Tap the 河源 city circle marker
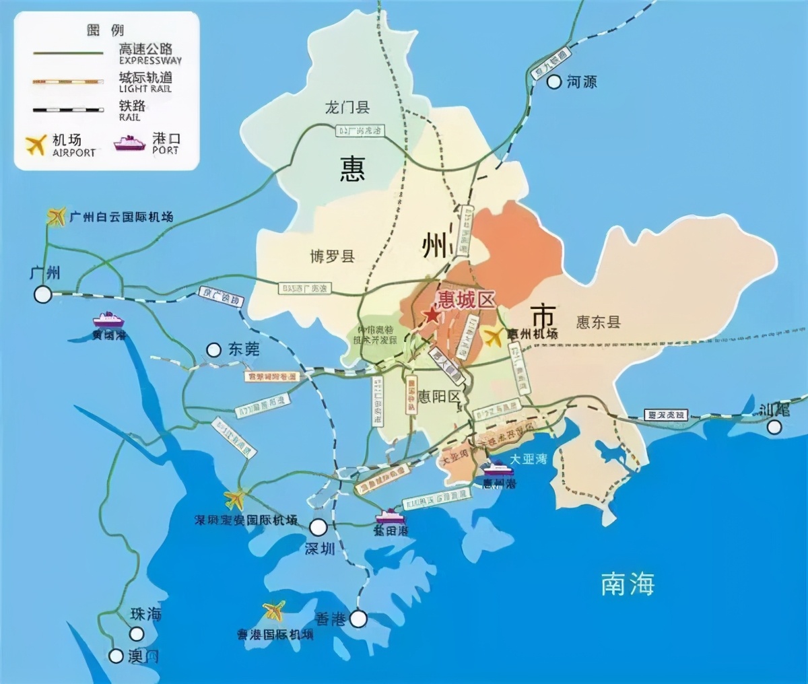click(x=554, y=82)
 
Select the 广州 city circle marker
click(x=43, y=294)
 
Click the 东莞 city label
click(x=244, y=349)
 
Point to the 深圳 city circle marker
click(x=319, y=526)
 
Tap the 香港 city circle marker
click(x=358, y=618)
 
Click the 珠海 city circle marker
click(x=137, y=634)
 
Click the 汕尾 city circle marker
click(x=774, y=426)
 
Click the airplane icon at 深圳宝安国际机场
click(x=235, y=499)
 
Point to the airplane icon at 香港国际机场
click(x=273, y=611)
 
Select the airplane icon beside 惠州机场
click(x=494, y=337)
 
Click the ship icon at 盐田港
click(x=391, y=516)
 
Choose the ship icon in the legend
click(x=130, y=143)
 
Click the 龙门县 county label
click(x=347, y=108)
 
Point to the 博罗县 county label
click(x=332, y=256)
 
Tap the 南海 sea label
click(x=628, y=584)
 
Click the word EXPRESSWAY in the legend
click(x=150, y=61)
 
